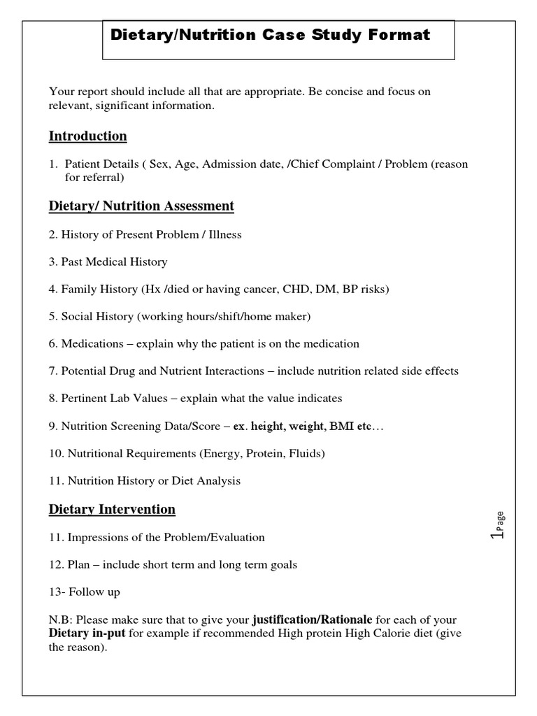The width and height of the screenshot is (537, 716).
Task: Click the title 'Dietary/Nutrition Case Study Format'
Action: tap(271, 34)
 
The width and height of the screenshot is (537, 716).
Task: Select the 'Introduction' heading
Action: tap(87, 136)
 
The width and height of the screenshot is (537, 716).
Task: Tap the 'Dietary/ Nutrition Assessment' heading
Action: tap(141, 206)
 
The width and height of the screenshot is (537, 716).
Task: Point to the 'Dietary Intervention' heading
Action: tap(112, 509)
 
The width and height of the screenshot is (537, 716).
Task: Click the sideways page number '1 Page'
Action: tap(497, 525)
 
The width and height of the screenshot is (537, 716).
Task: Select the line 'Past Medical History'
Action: tap(114, 262)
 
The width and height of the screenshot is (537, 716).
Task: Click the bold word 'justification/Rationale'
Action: tap(313, 620)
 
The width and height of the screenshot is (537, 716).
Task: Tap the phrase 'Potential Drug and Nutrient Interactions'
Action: tap(163, 371)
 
